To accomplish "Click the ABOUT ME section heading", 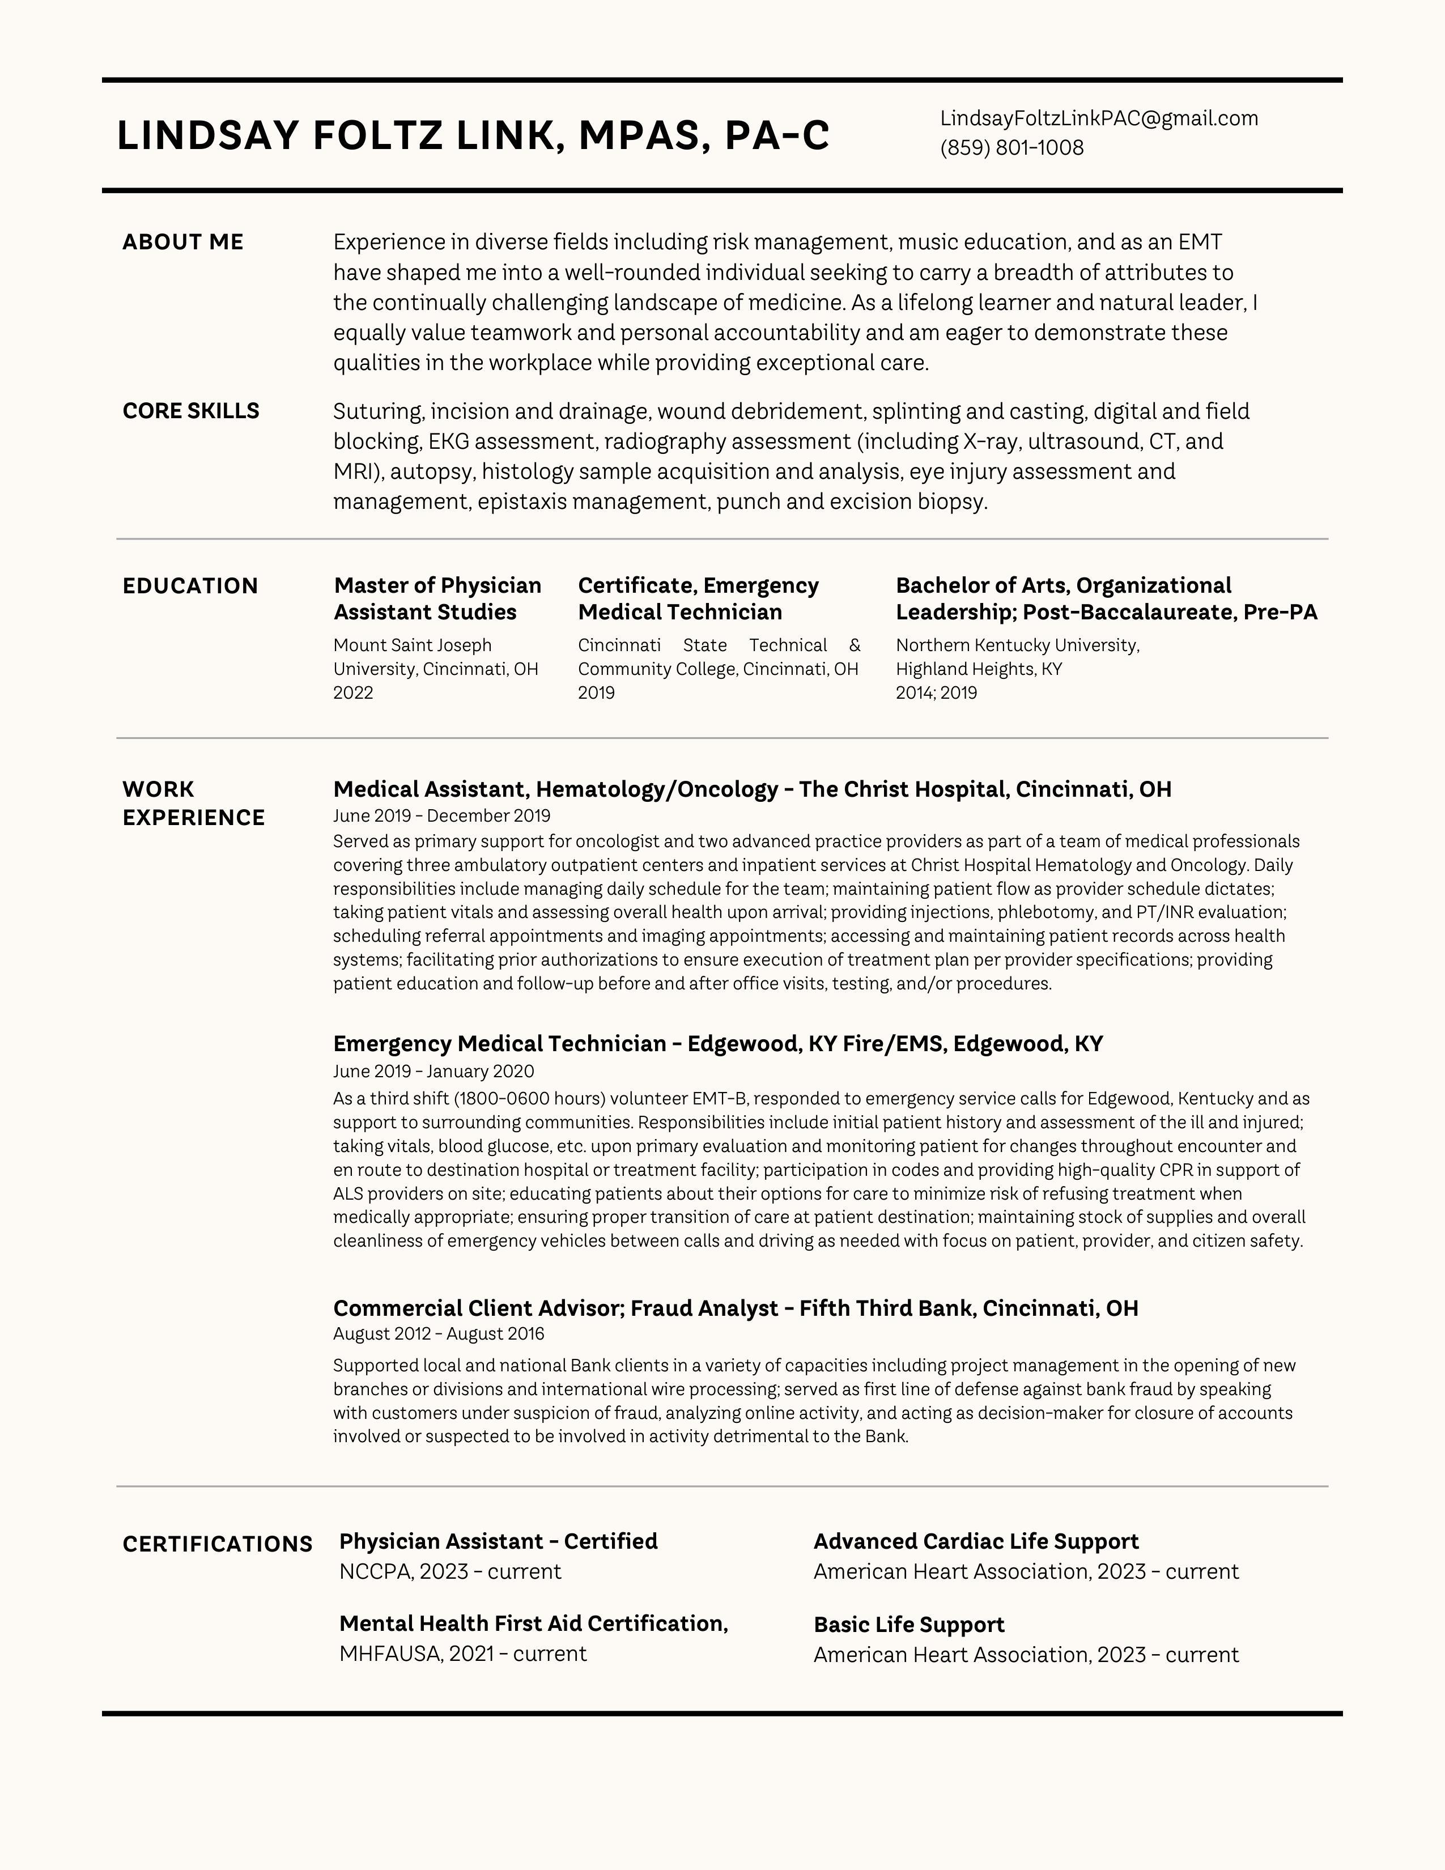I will pos(182,243).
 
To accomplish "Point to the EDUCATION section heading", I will pos(190,586).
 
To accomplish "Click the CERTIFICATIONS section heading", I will pos(218,1544).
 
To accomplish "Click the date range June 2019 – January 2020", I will pos(433,1071).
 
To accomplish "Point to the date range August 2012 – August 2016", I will pos(438,1334).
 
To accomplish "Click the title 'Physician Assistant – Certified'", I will pos(498,1541).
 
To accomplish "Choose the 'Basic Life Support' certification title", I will pos(908,1624).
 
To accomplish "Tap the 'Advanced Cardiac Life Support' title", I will pos(975,1541).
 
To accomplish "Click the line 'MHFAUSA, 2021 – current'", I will pos(462,1654).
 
